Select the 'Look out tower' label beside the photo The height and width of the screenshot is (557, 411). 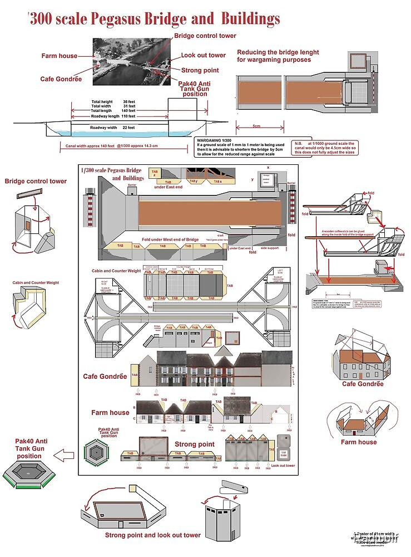(203, 56)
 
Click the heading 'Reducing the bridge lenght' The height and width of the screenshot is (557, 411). (278, 52)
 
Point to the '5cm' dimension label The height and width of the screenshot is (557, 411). (256, 126)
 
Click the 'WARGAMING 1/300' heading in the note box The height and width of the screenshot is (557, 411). (214, 139)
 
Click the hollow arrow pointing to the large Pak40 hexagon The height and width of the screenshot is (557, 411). (66, 456)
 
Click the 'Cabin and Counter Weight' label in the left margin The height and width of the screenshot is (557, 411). (36, 283)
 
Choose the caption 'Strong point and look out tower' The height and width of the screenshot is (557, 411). (153, 535)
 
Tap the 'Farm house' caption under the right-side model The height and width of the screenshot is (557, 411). (359, 442)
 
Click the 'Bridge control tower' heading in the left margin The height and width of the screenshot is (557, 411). (36, 181)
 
